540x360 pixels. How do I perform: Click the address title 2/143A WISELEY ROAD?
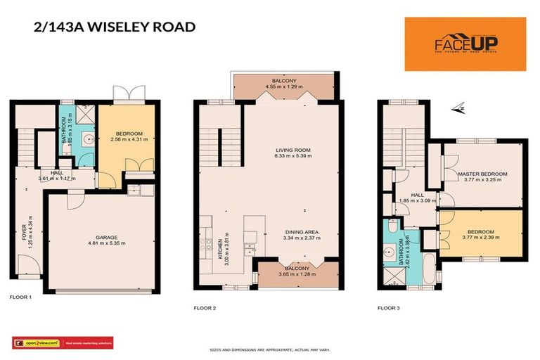114,28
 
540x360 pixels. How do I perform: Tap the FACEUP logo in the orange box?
465,44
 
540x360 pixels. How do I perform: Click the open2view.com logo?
36,343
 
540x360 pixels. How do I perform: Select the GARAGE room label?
107,238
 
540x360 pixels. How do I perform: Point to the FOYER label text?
23,231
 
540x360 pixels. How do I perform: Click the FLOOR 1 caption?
20,297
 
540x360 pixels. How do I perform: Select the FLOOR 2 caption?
205,307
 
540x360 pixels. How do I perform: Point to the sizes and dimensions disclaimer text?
269,349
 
